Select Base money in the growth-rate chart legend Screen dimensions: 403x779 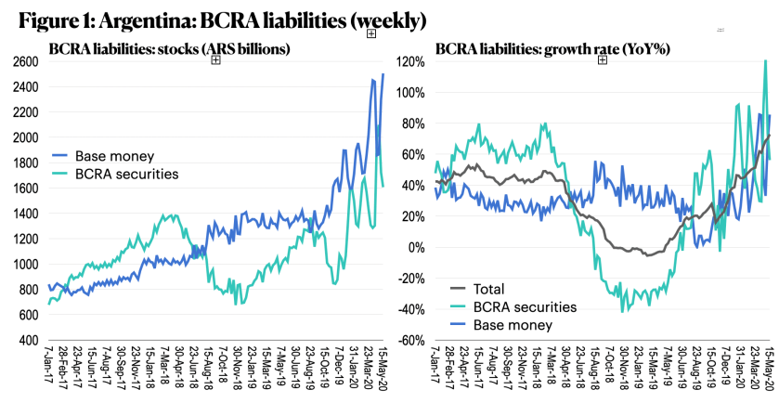point(514,325)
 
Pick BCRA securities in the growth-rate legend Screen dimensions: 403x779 point(526,306)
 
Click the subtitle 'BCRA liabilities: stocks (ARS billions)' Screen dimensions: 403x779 point(170,46)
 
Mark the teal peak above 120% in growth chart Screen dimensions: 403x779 point(764,62)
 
